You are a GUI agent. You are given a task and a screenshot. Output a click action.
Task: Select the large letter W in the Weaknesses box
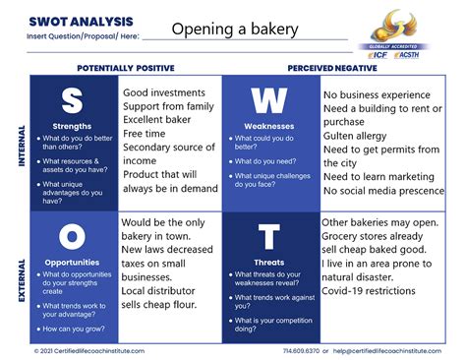pos(267,102)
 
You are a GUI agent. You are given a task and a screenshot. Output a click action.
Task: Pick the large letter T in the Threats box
pos(268,236)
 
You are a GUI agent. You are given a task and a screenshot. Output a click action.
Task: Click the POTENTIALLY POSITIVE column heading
pos(125,68)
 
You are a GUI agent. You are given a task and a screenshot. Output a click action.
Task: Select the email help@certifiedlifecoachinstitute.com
pos(393,350)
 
